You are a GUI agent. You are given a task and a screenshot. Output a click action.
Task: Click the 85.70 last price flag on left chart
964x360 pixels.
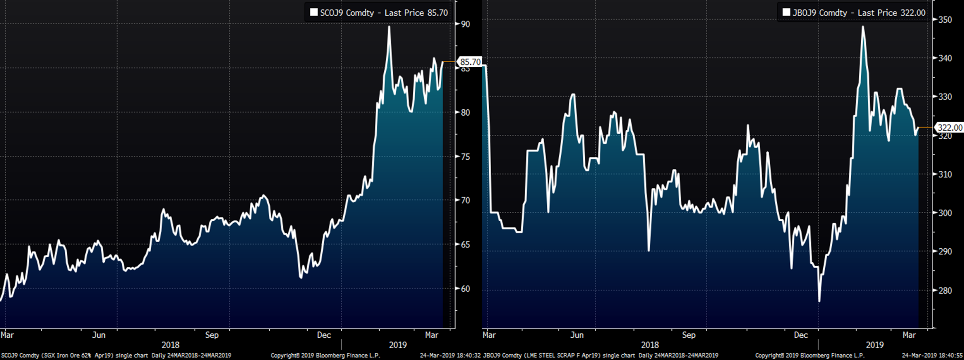pos(470,62)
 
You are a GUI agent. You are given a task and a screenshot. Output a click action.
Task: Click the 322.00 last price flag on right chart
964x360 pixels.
pos(950,127)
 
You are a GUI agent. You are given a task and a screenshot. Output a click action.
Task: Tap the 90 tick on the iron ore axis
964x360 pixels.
pos(465,24)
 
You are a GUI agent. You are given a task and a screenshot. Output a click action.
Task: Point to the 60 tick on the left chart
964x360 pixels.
pos(465,289)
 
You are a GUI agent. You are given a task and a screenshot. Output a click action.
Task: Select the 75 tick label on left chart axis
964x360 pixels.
pos(465,157)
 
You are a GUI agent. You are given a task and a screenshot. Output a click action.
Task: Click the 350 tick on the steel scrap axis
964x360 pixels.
pos(945,20)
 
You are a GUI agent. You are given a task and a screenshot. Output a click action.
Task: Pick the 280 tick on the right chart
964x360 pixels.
pos(945,290)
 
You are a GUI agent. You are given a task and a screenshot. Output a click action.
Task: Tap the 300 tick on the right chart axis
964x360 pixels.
pos(945,213)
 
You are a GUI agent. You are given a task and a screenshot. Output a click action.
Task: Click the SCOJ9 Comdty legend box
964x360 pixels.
pos(379,13)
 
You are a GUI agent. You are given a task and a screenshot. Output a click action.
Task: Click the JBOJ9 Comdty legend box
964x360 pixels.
pos(854,13)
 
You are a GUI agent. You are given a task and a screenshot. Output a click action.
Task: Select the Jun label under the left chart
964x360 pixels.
pos(99,335)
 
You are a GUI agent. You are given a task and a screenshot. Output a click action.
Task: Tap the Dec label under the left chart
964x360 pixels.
pos(324,335)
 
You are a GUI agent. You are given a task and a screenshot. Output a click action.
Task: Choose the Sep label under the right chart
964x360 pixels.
pos(689,335)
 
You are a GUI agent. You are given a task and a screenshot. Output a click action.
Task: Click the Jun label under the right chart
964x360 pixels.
pos(577,335)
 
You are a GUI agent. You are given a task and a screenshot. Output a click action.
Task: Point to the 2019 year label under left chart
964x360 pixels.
pos(398,345)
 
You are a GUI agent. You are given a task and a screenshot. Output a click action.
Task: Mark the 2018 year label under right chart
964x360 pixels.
pos(650,345)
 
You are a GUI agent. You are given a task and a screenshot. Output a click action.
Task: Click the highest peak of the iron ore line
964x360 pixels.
pos(389,27)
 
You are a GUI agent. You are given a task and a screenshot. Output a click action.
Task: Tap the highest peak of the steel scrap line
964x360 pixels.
pos(863,27)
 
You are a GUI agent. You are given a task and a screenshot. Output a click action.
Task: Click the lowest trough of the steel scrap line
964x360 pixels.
pos(819,301)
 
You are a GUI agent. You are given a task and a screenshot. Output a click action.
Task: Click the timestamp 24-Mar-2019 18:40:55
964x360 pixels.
pos(932,356)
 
